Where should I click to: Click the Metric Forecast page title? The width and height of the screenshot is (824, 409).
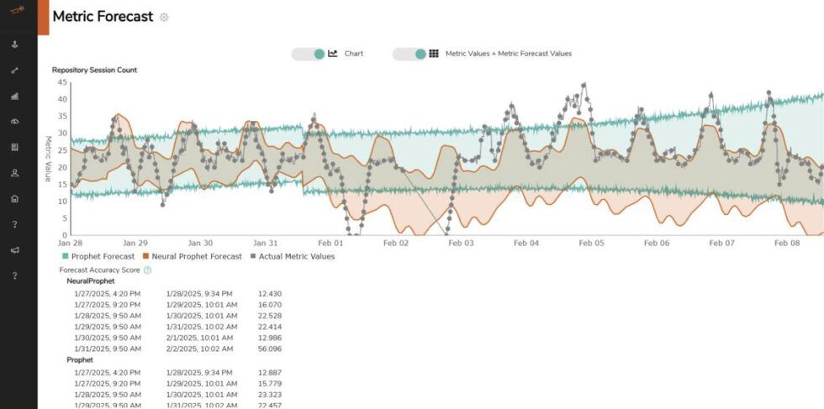(103, 17)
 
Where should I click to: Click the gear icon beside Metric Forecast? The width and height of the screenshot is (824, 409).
(164, 18)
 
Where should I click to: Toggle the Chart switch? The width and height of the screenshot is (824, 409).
(309, 54)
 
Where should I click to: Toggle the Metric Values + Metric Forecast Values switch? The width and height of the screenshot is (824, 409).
(409, 54)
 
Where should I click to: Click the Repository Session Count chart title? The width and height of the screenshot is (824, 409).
(94, 71)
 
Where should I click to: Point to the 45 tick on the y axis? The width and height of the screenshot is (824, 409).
(62, 82)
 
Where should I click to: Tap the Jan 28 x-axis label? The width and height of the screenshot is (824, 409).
(71, 243)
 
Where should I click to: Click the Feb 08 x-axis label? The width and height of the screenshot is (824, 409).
(787, 243)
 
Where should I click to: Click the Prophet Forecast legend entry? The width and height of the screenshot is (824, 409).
(97, 257)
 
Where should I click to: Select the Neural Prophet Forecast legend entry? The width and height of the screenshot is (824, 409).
(192, 257)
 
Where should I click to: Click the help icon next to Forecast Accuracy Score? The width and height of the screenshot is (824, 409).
(147, 270)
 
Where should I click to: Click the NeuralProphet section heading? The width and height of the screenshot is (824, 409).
(91, 281)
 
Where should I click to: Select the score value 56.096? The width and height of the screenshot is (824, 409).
(270, 349)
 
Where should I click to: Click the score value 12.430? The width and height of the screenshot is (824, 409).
(270, 293)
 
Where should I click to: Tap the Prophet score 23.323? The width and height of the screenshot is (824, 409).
(270, 393)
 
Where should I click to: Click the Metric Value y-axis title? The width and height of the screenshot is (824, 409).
(48, 159)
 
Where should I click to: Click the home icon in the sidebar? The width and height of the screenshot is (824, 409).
(14, 199)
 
